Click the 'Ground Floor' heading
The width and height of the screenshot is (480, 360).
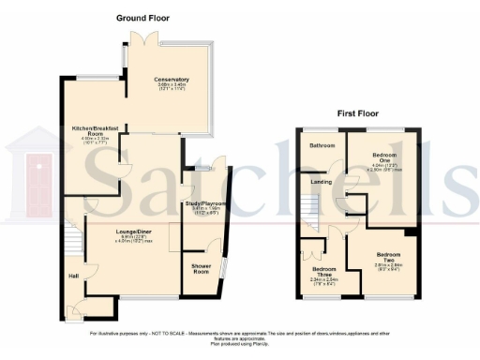pos(142,18)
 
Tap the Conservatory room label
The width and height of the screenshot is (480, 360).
pos(172,80)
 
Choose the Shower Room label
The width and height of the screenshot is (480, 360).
pos(201,267)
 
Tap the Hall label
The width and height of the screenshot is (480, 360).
pos(73,276)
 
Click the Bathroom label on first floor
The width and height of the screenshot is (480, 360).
pos(323,145)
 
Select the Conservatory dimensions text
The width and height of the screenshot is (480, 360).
pos(172,89)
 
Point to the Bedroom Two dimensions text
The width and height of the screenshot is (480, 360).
pos(388,267)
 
